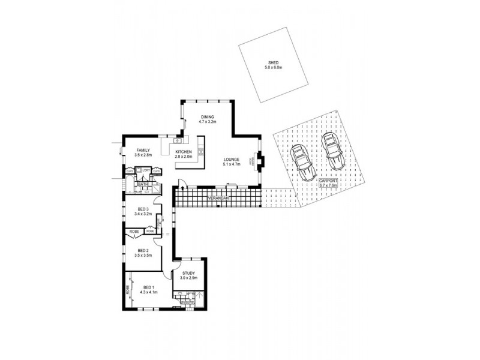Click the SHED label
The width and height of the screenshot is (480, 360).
[273, 63]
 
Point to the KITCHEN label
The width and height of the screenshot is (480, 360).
[184, 151]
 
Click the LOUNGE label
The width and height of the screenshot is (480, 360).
[231, 159]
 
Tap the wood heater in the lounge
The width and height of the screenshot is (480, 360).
[260, 160]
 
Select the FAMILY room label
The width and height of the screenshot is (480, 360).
[143, 150]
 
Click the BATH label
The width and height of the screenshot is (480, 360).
[143, 184]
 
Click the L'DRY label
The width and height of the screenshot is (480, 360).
[146, 171]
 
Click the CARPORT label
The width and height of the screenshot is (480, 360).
[328, 180]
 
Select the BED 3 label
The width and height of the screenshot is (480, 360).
[143, 209]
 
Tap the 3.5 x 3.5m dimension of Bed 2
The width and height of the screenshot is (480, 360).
[143, 256]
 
